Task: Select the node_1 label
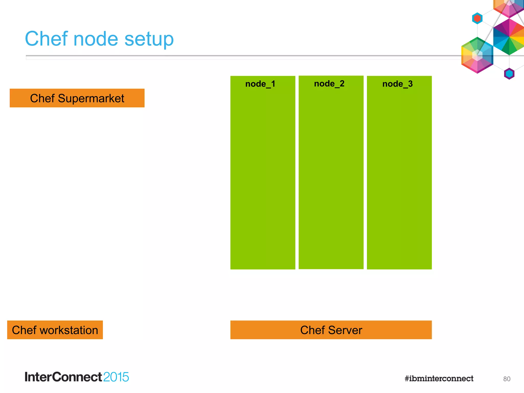point(260,84)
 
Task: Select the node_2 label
point(329,84)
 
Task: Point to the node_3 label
point(397,84)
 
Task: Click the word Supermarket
point(91,99)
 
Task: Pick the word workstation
point(69,330)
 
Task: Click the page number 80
point(506,379)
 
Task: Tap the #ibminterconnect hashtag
point(439,378)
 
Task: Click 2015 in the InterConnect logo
point(116,377)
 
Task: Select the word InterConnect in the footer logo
point(63,377)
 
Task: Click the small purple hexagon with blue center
point(509,74)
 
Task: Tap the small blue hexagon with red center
point(477,18)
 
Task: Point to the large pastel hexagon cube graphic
point(477,55)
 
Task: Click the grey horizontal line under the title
point(230,56)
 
